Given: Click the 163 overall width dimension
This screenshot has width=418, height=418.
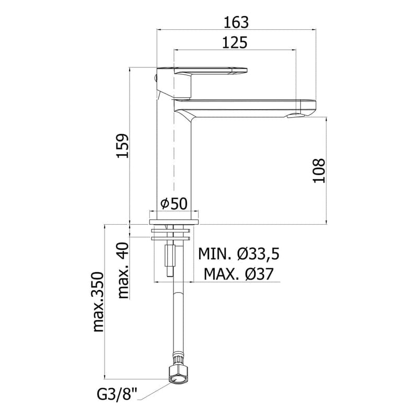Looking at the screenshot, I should pyautogui.click(x=235, y=22).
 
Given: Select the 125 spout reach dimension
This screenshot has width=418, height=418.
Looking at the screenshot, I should pyautogui.click(x=235, y=43).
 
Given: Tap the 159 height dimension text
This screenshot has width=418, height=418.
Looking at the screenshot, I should pyautogui.click(x=121, y=146).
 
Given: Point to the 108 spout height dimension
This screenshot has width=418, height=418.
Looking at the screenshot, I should pyautogui.click(x=319, y=170).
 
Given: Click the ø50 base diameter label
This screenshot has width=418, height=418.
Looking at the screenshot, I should pyautogui.click(x=173, y=204).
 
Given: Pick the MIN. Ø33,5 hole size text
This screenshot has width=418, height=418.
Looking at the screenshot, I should pyautogui.click(x=239, y=254).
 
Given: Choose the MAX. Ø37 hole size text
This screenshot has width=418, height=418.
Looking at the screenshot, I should pyautogui.click(x=238, y=273).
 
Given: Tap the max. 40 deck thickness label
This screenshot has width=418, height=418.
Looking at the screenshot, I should pyautogui.click(x=123, y=270).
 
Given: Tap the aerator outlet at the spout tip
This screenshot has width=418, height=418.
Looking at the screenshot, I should pyautogui.click(x=297, y=116).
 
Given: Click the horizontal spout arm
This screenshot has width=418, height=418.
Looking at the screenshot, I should pyautogui.click(x=246, y=107).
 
